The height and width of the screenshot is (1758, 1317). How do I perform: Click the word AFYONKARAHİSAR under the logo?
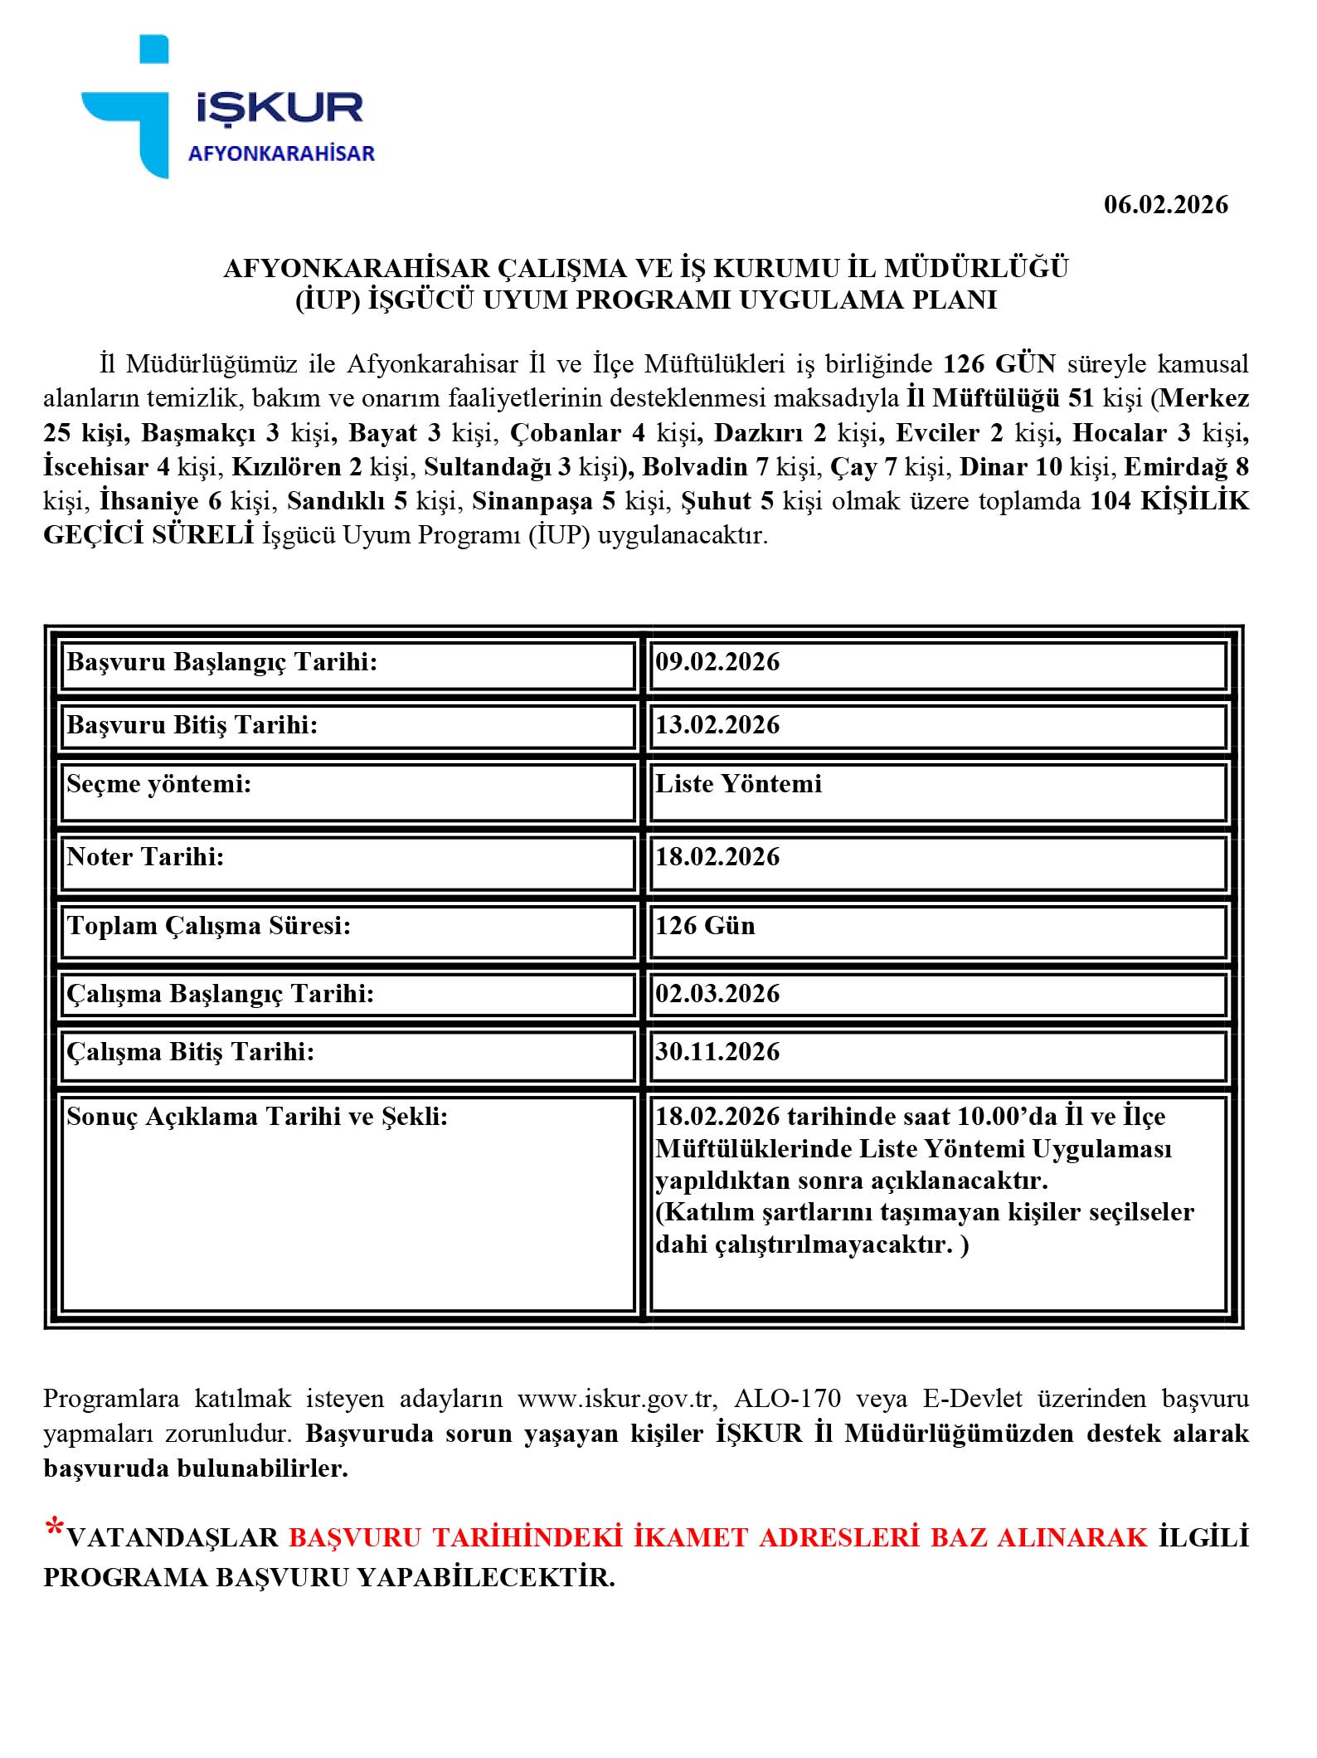[281, 153]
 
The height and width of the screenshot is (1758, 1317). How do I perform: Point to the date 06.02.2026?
[1165, 205]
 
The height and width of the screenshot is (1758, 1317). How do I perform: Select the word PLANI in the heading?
[954, 299]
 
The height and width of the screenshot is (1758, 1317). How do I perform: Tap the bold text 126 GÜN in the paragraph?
[999, 364]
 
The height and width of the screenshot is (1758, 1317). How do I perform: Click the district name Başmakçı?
[198, 433]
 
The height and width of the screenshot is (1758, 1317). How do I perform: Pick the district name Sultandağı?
[488, 467]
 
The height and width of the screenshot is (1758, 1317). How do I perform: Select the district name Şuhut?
[716, 501]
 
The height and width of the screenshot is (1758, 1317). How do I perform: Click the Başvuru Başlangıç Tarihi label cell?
[222, 662]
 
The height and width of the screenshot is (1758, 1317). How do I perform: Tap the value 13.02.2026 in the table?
[717, 725]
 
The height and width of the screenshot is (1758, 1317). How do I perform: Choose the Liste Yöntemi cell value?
[738, 784]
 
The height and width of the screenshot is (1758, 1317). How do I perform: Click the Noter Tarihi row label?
[146, 857]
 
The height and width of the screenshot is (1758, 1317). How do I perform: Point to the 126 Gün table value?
[705, 926]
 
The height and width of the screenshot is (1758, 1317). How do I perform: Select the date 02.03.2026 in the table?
[717, 994]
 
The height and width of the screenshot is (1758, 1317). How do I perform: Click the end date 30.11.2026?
[717, 1052]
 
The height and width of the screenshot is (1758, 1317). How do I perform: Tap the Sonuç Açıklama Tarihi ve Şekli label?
[257, 1117]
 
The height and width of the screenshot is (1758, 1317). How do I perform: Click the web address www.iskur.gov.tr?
[616, 1399]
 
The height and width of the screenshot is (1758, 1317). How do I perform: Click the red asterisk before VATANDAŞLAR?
[54, 1527]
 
